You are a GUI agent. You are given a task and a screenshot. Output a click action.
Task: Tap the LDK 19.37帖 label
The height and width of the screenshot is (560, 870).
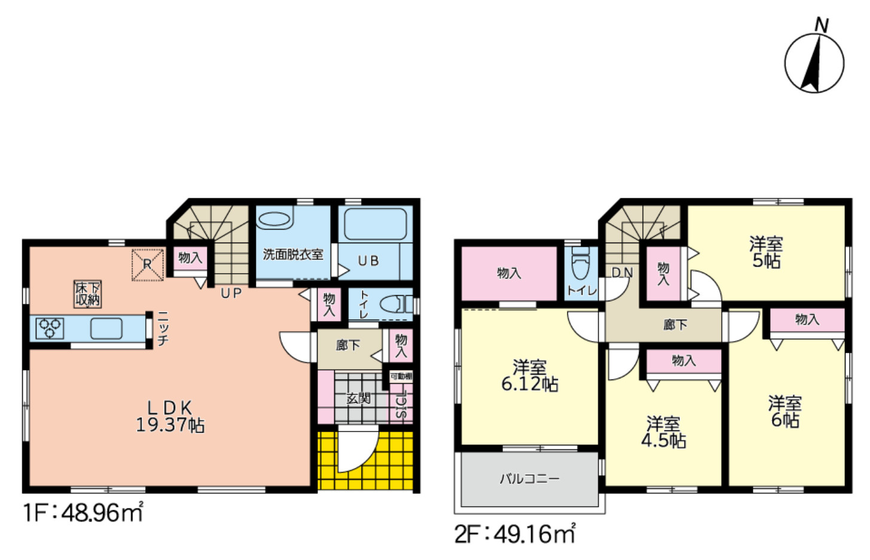(170, 417)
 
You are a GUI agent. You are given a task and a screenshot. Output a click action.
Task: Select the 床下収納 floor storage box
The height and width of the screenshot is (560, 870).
(87, 294)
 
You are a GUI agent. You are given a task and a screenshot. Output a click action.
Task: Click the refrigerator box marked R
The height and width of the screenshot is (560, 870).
(147, 265)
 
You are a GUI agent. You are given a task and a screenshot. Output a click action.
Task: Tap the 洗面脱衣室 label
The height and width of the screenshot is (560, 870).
(293, 254)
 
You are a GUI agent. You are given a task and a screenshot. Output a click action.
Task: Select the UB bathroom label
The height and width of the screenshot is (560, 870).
(368, 261)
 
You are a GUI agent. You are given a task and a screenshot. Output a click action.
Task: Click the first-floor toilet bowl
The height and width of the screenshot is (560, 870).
(392, 304)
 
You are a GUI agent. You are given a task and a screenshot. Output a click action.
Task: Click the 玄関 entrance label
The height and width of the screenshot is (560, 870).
(358, 398)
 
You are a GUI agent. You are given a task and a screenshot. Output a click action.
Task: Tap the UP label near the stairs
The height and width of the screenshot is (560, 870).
(231, 293)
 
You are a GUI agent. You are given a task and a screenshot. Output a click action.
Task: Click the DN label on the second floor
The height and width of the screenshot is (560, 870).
(622, 273)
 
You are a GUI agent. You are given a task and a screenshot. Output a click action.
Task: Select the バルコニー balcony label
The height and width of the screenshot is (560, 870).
(529, 479)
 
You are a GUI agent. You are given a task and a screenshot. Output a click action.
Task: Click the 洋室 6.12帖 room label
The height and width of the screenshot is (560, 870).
(529, 375)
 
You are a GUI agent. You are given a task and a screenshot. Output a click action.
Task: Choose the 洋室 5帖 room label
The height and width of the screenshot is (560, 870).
(766, 252)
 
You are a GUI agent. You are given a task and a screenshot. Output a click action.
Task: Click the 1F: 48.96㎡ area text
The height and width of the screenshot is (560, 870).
(83, 513)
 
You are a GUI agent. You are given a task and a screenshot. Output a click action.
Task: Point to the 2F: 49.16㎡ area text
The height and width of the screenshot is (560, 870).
(515, 534)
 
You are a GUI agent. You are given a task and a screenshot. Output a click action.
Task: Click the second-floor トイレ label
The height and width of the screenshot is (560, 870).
(581, 290)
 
